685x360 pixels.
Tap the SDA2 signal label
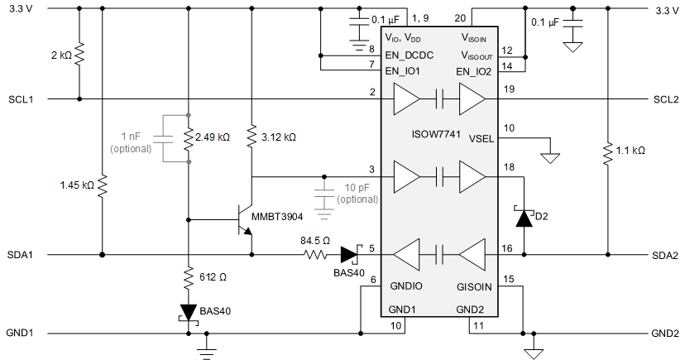pyautogui.click(x=665, y=255)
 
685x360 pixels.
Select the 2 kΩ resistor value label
pyautogui.click(x=60, y=55)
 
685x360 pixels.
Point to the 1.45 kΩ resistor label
pyautogui.click(x=77, y=184)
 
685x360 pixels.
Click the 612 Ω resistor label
pyautogui.click(x=213, y=277)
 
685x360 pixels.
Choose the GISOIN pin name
pyautogui.click(x=475, y=289)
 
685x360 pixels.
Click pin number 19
pyautogui.click(x=507, y=89)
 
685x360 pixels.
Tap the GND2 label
pyautogui.click(x=665, y=334)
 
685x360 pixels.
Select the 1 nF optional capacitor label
pyautogui.click(x=131, y=142)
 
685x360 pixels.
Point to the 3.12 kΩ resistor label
pyautogui.click(x=278, y=137)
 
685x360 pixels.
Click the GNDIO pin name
pyautogui.click(x=406, y=289)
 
